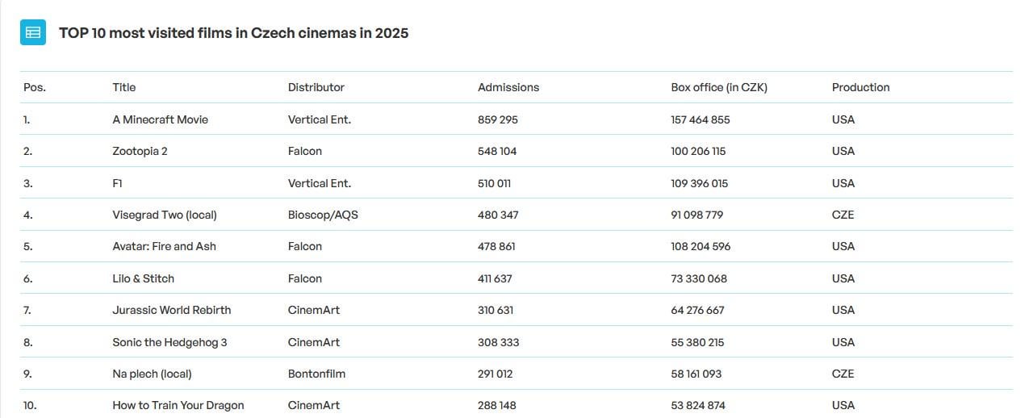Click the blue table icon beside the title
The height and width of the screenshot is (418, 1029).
33,33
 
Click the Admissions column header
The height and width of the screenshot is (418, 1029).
508,87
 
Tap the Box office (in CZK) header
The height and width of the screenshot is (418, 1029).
718,87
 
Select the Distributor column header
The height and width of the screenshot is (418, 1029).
316,87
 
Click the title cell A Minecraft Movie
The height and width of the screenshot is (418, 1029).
160,119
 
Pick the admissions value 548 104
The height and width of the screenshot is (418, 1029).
497,151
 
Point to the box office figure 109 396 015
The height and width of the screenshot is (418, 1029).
699,183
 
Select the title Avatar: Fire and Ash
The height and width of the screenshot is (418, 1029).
164,246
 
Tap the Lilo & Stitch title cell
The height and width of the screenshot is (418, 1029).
143,278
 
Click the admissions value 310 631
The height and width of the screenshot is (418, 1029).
495,310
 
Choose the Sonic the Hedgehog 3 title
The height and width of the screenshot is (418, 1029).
169,342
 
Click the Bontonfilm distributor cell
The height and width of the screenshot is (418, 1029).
316,374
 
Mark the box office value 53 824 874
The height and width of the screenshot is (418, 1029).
697,405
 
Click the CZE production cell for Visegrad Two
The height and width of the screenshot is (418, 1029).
843,215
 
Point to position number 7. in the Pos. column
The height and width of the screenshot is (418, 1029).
27,310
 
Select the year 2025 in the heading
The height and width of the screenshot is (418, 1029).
391,33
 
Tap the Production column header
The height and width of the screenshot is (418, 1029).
860,87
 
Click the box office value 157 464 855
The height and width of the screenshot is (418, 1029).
700,119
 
